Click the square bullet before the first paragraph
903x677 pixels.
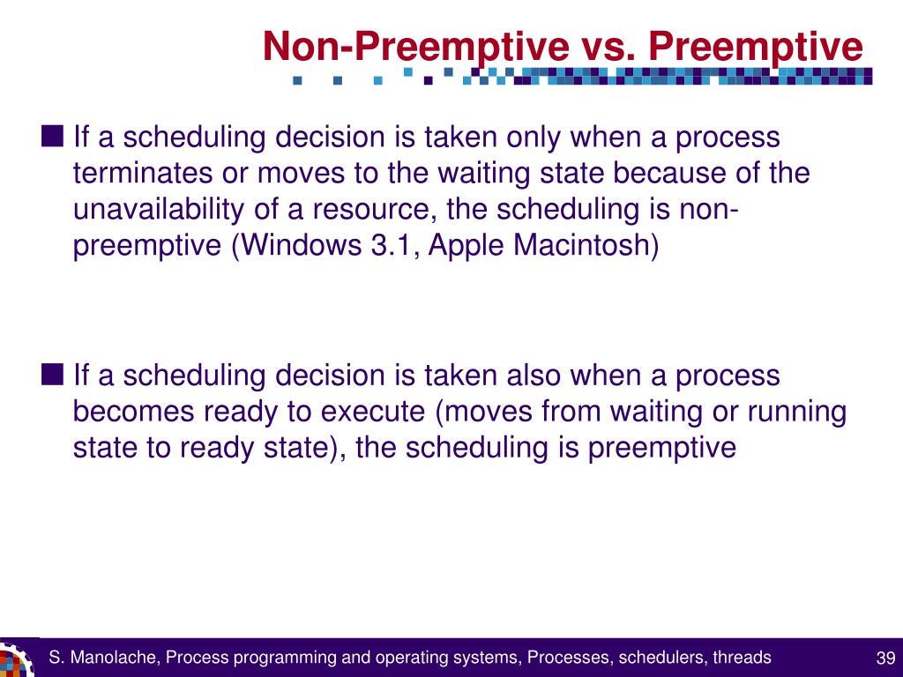52,137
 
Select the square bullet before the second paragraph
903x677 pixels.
52,374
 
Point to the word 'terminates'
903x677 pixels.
143,174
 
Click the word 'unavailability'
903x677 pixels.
159,210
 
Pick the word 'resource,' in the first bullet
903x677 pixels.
374,210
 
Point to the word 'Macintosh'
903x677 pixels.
582,245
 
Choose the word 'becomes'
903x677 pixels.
133,412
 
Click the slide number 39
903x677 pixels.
885,658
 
